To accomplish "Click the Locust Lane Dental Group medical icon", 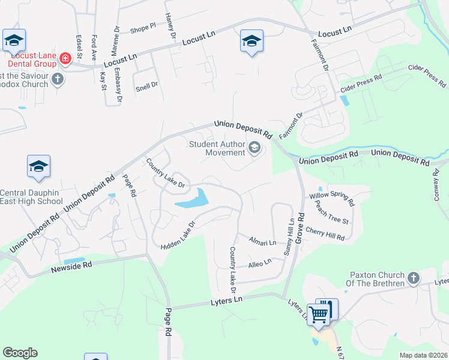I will pyautogui.click(x=64, y=59).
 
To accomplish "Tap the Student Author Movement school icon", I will pyautogui.click(x=255, y=148).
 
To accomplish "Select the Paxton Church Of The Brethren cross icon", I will pyautogui.click(x=413, y=278).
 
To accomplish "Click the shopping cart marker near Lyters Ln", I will pyautogui.click(x=319, y=313).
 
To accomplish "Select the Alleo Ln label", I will pyautogui.click(x=260, y=262).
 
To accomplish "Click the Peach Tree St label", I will pyautogui.click(x=330, y=217).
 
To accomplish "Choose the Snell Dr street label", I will pyautogui.click(x=146, y=86).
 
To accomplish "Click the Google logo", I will pyautogui.click(x=20, y=353).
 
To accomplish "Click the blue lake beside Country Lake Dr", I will pyautogui.click(x=193, y=200).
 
